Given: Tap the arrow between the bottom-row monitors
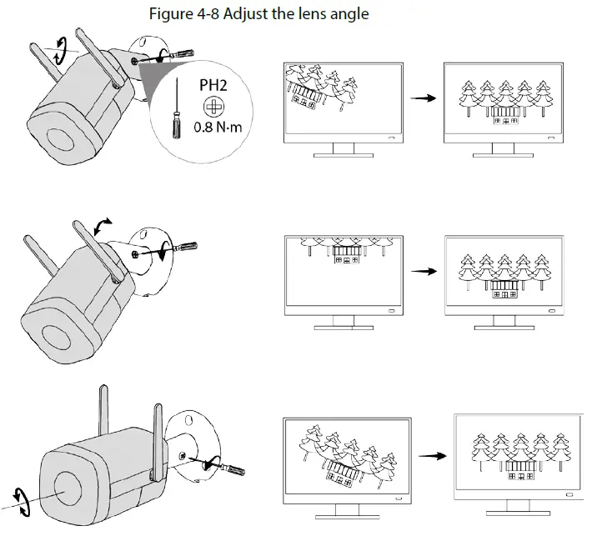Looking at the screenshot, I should tap(429, 457).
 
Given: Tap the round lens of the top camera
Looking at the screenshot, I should tap(59, 138).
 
